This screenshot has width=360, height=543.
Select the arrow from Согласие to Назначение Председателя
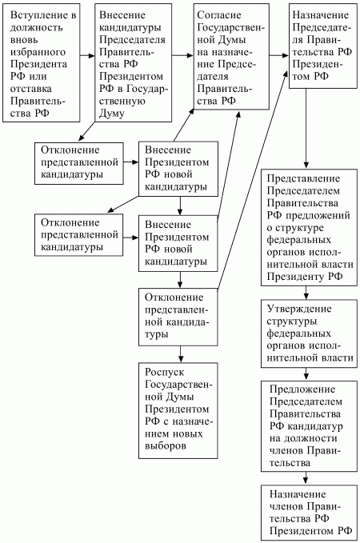point(278,57)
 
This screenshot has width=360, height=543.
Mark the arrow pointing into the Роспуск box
point(182,353)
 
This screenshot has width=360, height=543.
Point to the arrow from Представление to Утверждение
point(307,293)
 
